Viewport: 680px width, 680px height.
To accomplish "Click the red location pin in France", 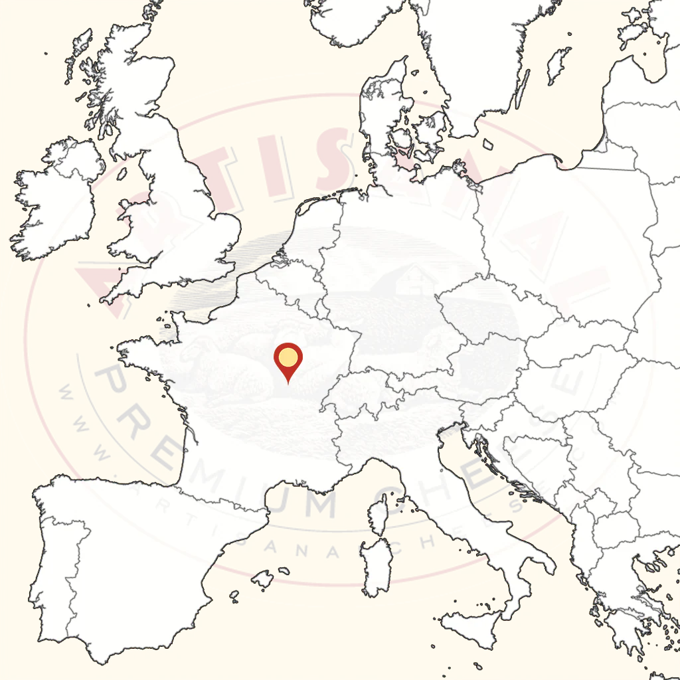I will pyautogui.click(x=288, y=359).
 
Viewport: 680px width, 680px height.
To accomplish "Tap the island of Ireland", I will pyautogui.click(x=56, y=193).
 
